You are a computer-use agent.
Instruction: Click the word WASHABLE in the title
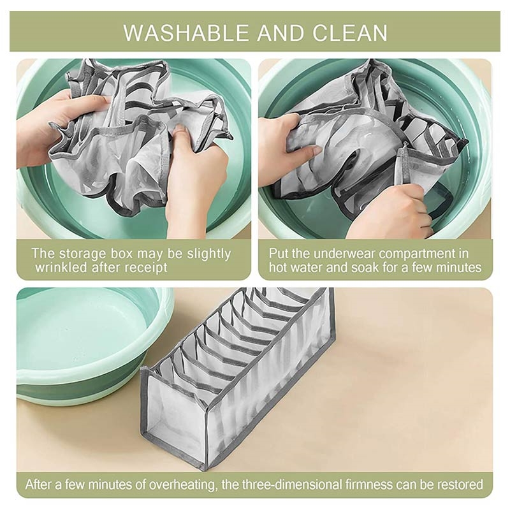coord(185,33)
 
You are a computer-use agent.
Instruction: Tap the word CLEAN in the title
coord(350,33)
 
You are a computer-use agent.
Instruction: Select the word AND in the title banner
coord(280,33)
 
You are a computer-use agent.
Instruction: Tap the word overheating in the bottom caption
coord(182,484)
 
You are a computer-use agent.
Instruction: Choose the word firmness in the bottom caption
coord(368,484)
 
